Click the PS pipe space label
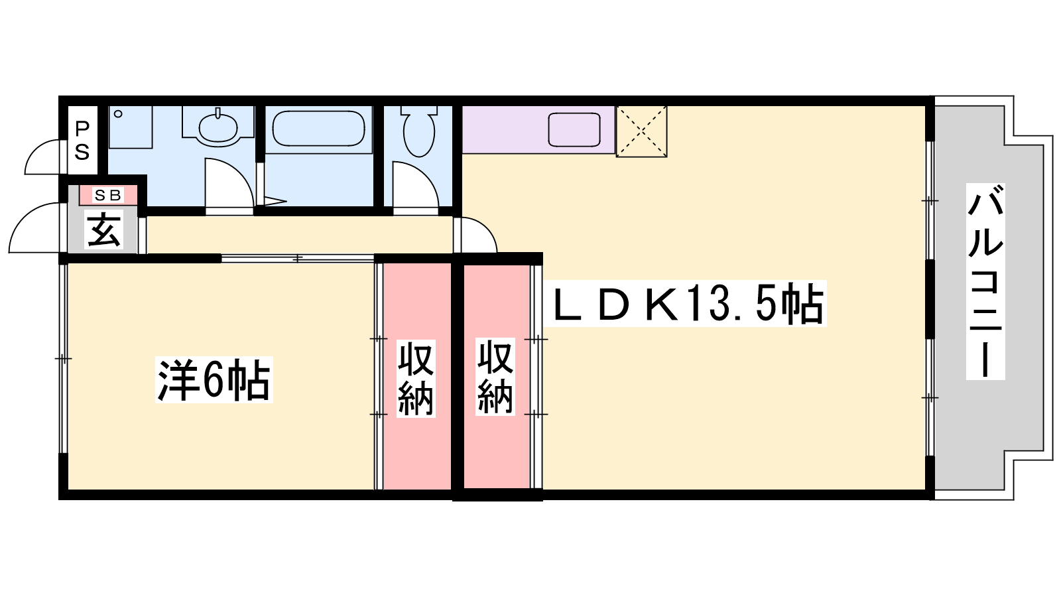coord(82,141)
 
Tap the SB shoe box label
coord(108,195)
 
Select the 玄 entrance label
coord(103,230)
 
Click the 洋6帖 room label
coord(214,380)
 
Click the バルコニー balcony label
coord(985,281)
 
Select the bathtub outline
coord(319,129)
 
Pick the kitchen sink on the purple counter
coord(574,130)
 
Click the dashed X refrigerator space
coord(641,131)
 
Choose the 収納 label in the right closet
coord(495,377)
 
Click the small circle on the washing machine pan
coord(118,113)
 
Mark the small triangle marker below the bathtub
coord(275,201)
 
